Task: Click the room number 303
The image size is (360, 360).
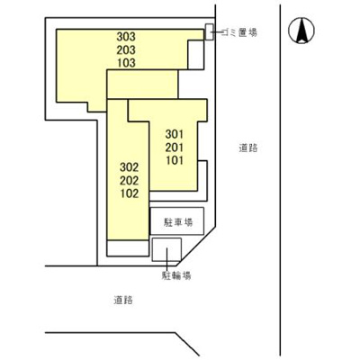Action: (126, 36)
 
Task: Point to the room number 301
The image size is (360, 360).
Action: (174, 134)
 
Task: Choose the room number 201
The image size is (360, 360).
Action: (174, 148)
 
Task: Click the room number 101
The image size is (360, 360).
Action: (174, 161)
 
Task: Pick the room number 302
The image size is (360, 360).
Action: (129, 166)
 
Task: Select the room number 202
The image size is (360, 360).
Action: (129, 180)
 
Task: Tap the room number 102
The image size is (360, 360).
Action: (129, 193)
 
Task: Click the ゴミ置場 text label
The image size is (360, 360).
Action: (238, 31)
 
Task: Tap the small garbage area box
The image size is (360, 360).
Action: (209, 32)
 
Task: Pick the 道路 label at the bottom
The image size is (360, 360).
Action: (124, 300)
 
